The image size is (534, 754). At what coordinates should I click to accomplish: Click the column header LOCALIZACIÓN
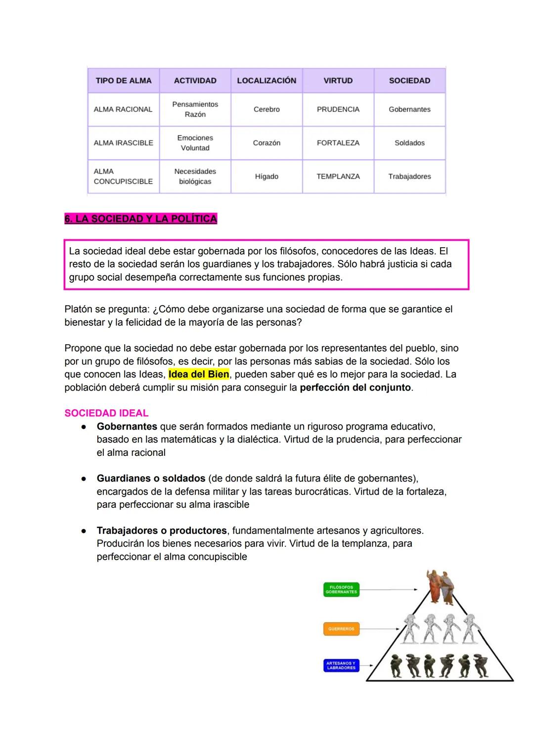coord(267,81)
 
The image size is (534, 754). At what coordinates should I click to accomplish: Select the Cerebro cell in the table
coord(267,109)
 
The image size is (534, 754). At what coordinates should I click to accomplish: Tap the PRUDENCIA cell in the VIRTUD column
coord(338,109)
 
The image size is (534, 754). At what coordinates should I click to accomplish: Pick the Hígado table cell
coord(267,177)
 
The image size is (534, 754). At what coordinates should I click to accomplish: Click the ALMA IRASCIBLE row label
coord(123,143)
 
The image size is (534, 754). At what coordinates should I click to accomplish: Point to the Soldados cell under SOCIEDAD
coord(409,143)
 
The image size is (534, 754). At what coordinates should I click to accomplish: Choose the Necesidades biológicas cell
coord(195,177)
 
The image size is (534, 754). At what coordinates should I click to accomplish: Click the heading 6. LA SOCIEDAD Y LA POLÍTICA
coord(140,219)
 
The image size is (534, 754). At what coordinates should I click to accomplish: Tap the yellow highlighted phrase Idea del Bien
coord(199,374)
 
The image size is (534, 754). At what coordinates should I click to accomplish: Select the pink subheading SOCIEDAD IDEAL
coord(106,413)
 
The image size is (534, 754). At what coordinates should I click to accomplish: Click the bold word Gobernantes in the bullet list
coord(127,426)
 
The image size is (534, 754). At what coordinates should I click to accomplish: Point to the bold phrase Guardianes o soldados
coord(151,479)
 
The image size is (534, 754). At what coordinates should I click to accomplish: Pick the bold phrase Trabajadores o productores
coord(162,531)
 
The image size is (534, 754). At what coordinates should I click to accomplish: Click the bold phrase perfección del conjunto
coord(356,388)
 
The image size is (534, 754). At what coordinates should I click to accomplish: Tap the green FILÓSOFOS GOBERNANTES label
coord(341,589)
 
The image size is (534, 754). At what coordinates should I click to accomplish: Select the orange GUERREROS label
coord(341,629)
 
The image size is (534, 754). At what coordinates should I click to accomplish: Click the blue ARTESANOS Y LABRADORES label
coord(341,665)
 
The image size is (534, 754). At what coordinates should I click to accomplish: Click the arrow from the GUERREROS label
coord(381,629)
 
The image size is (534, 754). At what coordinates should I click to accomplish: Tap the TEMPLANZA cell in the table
coord(338,177)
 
